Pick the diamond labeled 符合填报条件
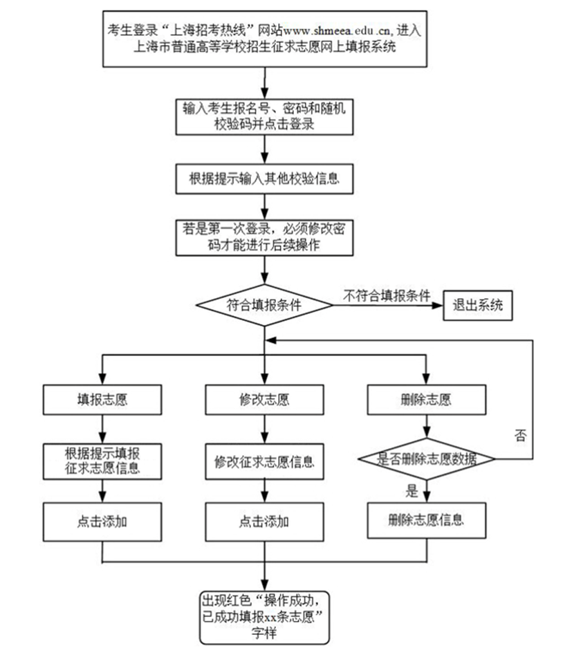pos(264,305)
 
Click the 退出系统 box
pos(478,305)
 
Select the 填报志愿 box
pos(102,400)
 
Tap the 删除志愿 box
pos(426,400)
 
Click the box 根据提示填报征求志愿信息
pos(102,461)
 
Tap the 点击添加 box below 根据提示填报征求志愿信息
pos(102,521)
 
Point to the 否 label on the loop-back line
pos(520,435)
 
